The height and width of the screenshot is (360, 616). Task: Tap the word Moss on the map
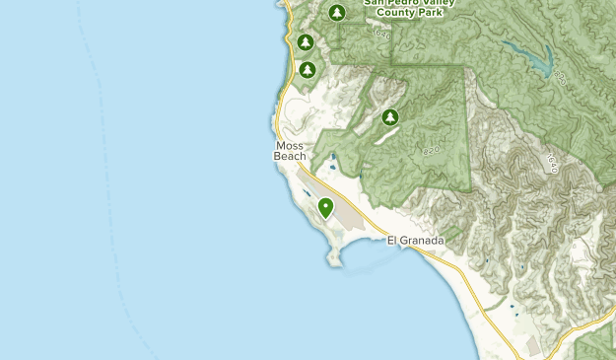pyautogui.click(x=290, y=147)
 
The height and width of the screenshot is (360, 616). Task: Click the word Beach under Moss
pyautogui.click(x=292, y=157)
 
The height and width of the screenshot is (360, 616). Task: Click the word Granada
pyautogui.click(x=424, y=241)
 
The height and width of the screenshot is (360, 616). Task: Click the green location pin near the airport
pyautogui.click(x=326, y=208)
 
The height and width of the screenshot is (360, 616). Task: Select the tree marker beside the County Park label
pyautogui.click(x=337, y=13)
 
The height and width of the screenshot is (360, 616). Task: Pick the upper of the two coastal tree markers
pyautogui.click(x=306, y=42)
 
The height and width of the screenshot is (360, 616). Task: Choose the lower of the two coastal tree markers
pyautogui.click(x=308, y=70)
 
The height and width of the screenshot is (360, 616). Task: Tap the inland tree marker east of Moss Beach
pyautogui.click(x=390, y=117)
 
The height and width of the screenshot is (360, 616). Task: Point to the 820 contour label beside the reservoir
pyautogui.click(x=561, y=75)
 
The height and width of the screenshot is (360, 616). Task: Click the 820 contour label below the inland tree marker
pyautogui.click(x=430, y=151)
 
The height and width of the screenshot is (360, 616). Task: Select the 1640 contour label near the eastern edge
pyautogui.click(x=553, y=164)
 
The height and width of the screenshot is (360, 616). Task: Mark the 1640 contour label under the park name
pyautogui.click(x=382, y=34)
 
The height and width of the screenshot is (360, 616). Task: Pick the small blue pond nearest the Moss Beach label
pyautogui.click(x=334, y=157)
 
